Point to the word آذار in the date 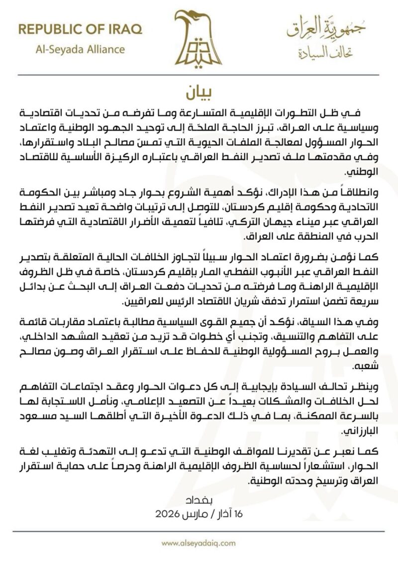(223, 512)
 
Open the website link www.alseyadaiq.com (199, 544)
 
